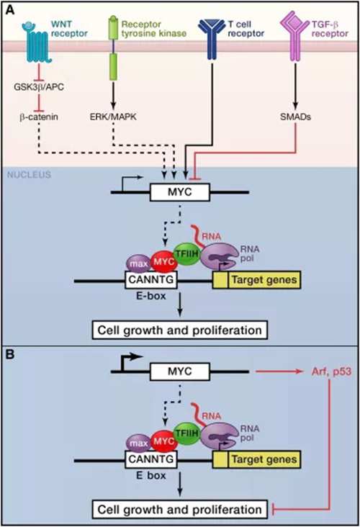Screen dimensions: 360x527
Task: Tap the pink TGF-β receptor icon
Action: pos(294,36)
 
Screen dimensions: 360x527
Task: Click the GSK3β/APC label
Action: pos(39,86)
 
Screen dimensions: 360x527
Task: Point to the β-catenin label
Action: pos(39,117)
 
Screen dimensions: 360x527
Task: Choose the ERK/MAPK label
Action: pos(113,117)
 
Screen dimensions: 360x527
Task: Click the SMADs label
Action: pos(295,117)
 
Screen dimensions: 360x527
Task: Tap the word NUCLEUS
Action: pos(29,175)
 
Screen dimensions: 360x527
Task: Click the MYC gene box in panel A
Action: pos(180,192)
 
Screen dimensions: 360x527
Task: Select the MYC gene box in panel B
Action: pos(180,371)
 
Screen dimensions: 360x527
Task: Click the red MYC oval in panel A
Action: pos(163,261)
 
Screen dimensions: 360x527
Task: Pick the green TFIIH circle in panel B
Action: pos(186,433)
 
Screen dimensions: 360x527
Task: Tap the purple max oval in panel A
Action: pos(138,263)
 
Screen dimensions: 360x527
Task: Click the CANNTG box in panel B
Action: pos(151,459)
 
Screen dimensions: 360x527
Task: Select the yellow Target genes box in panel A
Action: pos(257,280)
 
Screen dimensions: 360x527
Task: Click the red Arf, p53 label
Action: pos(331,371)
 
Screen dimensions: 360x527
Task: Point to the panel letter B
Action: pos(10,354)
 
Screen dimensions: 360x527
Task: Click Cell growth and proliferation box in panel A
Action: pos(180,330)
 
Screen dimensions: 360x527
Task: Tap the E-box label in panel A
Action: pos(151,296)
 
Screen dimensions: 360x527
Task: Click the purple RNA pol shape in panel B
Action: pos(218,436)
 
